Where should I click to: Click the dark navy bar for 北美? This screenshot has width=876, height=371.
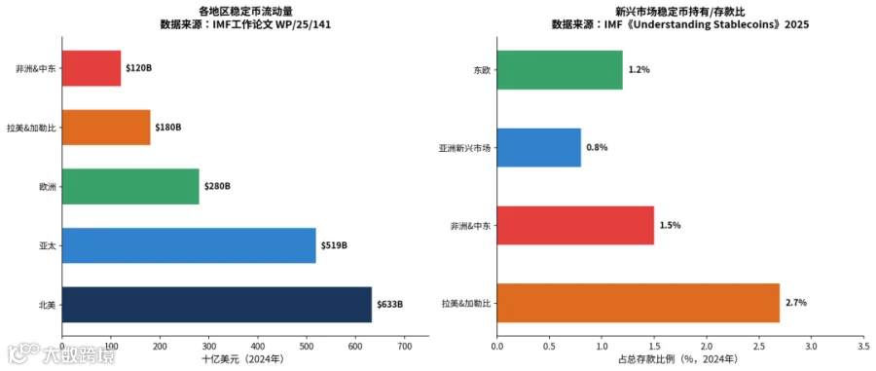(x=217, y=305)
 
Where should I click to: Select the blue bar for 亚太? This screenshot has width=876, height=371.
(x=189, y=245)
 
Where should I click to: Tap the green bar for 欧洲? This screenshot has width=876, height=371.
(x=130, y=186)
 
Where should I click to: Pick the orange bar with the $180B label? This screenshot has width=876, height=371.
(x=106, y=127)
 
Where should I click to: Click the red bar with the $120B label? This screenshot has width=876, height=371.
(x=91, y=68)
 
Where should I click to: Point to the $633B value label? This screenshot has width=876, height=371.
(x=390, y=305)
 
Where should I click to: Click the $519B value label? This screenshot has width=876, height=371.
(x=334, y=245)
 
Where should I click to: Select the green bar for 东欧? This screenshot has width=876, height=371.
(x=560, y=70)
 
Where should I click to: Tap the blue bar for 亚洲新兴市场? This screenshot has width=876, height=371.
(x=538, y=147)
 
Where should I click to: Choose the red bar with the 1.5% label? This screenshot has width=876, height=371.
(x=575, y=225)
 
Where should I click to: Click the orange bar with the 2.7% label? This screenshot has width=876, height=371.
(x=638, y=303)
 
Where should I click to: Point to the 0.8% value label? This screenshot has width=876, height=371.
(x=597, y=147)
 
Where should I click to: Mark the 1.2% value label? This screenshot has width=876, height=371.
(x=639, y=70)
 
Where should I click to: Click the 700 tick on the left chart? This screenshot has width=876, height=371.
(x=405, y=346)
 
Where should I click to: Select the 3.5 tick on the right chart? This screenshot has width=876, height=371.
(x=863, y=346)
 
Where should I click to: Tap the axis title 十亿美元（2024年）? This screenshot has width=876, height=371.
(x=245, y=358)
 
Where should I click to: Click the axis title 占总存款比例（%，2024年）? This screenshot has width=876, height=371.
(x=680, y=358)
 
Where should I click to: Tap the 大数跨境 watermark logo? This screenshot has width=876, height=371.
(x=61, y=354)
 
